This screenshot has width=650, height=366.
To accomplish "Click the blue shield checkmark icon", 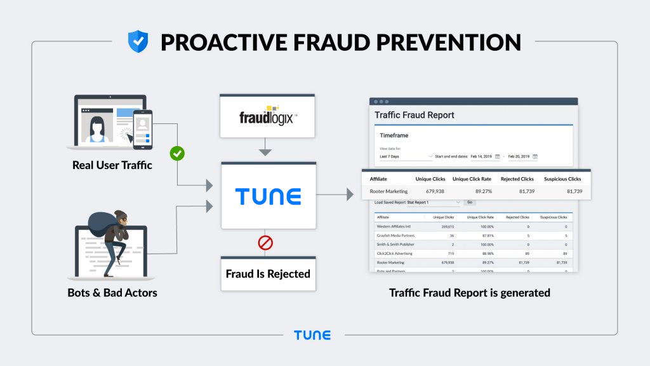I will click(138, 41).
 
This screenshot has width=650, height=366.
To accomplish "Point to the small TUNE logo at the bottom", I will click(312, 335).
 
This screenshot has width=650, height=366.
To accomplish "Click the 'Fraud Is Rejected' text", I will click(268, 274).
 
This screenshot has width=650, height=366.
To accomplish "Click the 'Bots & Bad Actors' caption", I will click(112, 293).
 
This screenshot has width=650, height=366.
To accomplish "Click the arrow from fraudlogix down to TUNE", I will click(267, 150).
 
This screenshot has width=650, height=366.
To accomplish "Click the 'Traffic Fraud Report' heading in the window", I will click(415, 115).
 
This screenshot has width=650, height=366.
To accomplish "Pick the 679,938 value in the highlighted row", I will click(430, 191).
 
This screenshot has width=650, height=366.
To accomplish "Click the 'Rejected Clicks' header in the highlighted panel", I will click(517, 179).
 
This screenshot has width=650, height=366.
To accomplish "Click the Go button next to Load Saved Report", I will click(470, 202).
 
